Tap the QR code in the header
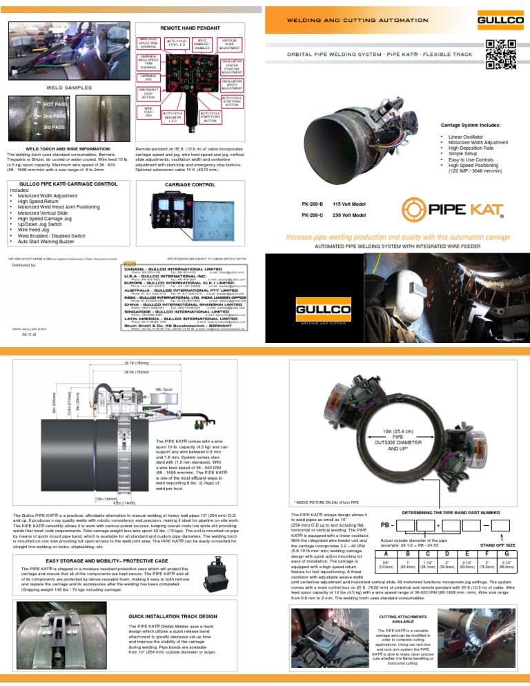coord(500,55)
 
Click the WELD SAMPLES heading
coord(66,88)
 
